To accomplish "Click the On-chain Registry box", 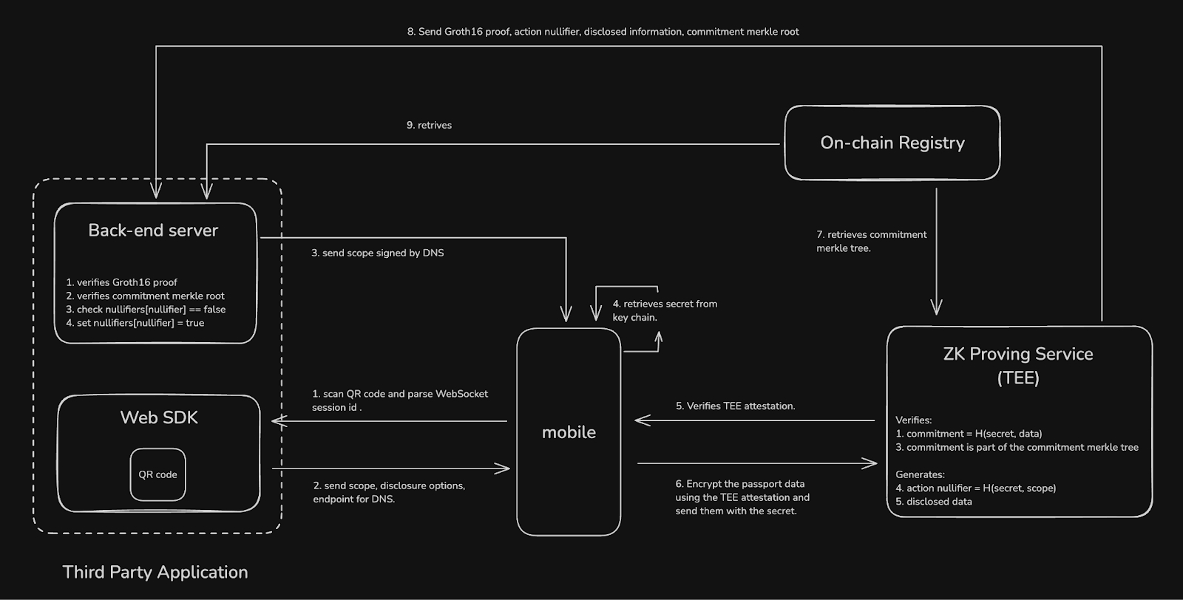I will point(892,143).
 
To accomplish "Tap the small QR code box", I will point(157,474).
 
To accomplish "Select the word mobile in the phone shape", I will point(569,432).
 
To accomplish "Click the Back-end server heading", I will point(153,231).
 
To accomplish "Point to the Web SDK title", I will point(159,417).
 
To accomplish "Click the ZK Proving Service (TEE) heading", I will point(1018,365).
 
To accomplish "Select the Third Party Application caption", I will point(155,572).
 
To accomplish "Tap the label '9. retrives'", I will point(429,126).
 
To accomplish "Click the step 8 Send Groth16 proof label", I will point(603,32).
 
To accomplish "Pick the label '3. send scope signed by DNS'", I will point(377,253).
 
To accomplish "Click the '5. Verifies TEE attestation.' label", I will point(735,406).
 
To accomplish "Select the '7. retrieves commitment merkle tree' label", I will point(871,241).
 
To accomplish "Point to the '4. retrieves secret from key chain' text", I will point(664,310).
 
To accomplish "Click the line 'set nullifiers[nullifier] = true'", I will point(135,323).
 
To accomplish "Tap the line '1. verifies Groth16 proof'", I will point(121,282).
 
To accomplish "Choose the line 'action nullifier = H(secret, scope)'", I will point(975,488).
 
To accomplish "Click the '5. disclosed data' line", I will point(933,502).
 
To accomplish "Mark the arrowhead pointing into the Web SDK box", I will point(277,421).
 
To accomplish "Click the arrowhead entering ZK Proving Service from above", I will point(936,309).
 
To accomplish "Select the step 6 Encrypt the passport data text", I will point(742,497).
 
